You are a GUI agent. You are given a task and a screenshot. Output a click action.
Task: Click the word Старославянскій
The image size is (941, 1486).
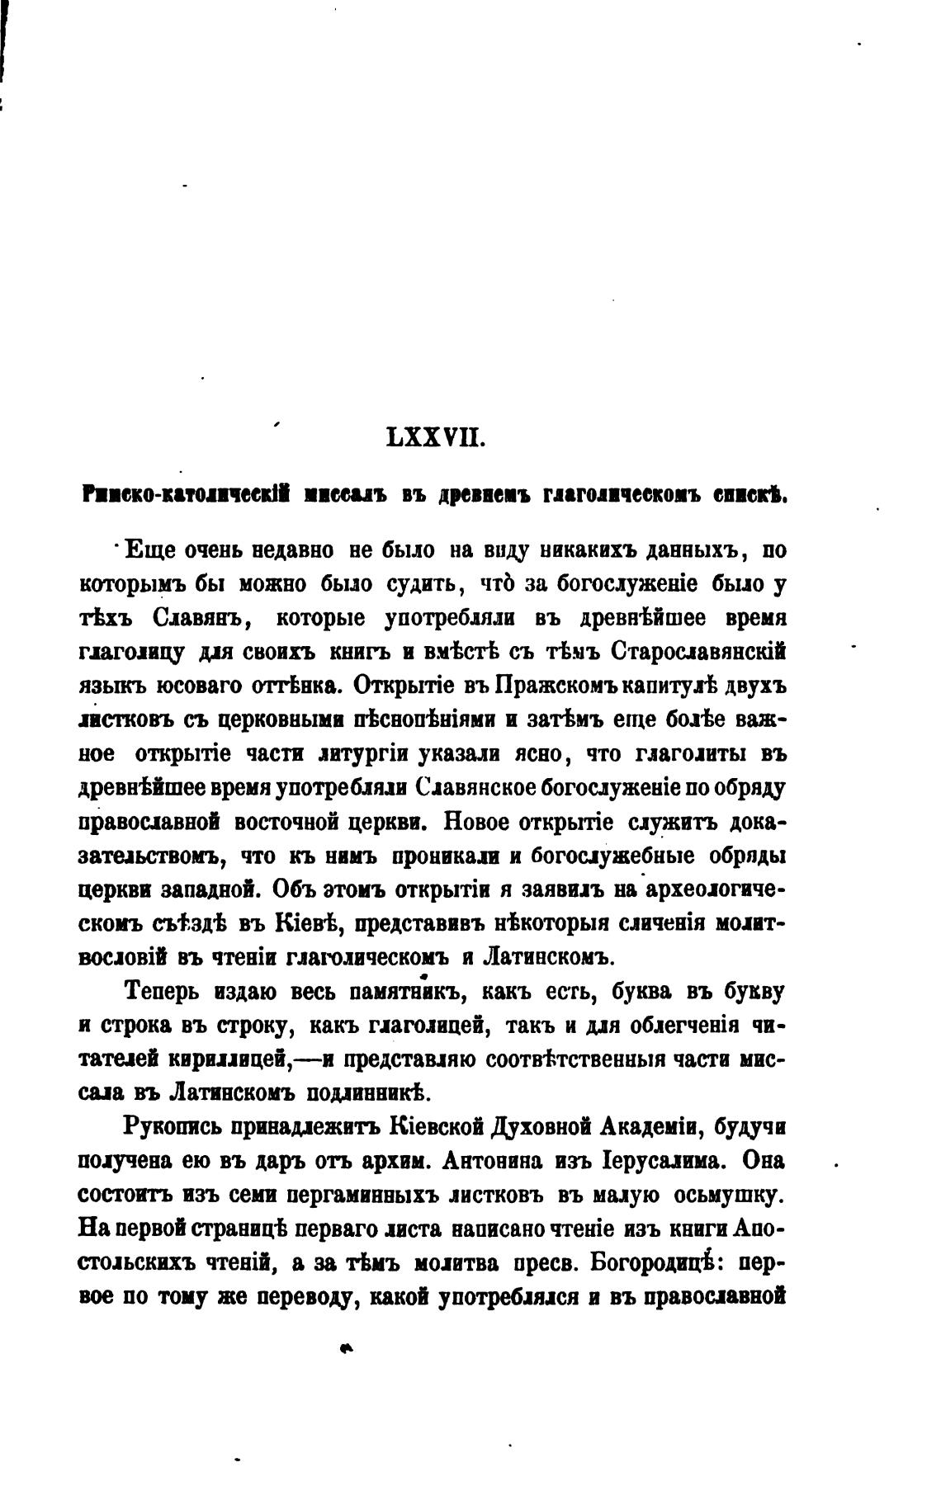[700, 651]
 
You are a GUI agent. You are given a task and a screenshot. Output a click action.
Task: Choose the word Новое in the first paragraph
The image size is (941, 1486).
[480, 822]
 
